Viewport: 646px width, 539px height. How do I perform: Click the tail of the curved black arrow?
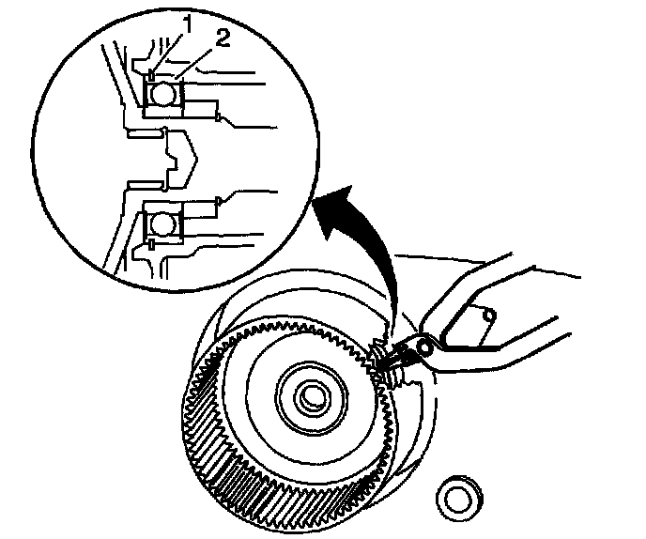(x=392, y=319)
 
